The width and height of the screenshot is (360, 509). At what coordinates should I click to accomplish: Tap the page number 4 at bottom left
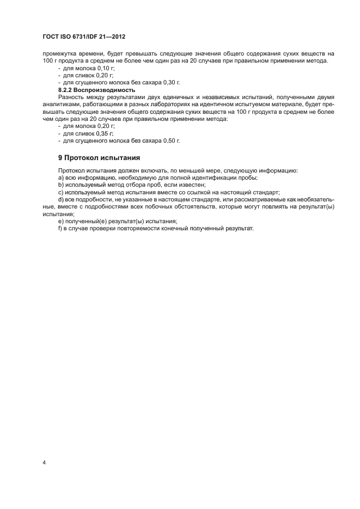pos(44,463)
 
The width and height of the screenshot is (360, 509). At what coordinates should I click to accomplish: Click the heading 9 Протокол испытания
pos(100,158)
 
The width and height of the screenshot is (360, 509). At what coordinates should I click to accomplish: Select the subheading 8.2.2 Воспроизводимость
pos(96,89)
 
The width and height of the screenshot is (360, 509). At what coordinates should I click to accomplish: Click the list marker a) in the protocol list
pos(60,178)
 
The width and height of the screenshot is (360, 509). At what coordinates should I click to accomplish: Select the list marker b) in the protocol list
pos(60,185)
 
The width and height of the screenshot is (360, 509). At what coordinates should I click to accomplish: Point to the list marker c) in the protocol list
pos(60,192)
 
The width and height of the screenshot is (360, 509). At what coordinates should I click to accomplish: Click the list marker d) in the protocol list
pos(60,199)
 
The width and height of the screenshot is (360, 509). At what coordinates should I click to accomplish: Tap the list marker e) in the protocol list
pos(60,220)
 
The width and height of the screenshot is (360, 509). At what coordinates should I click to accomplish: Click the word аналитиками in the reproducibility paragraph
pos(60,103)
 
